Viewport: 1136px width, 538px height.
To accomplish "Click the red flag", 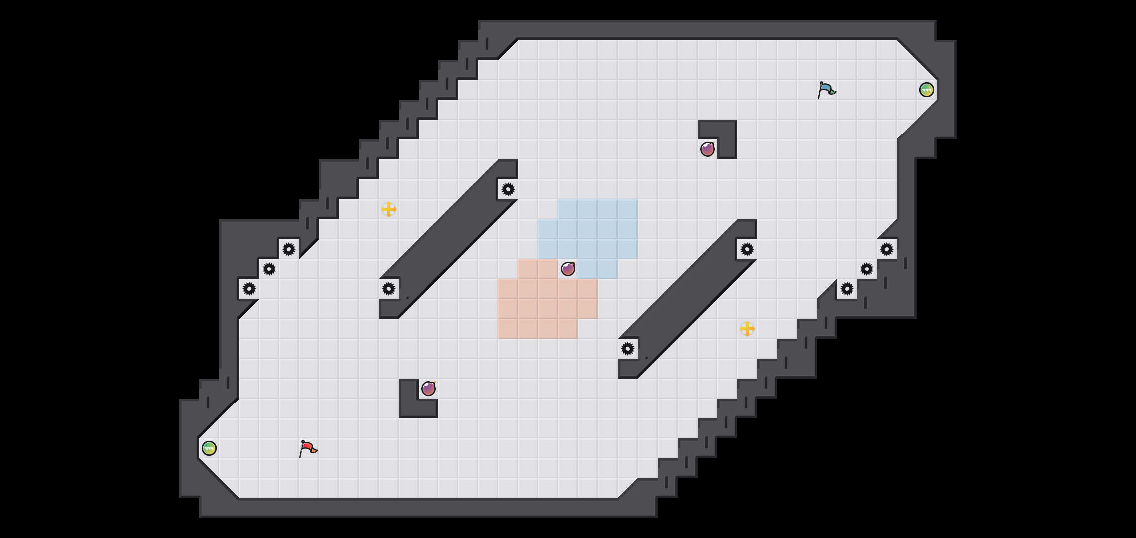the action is click(308, 449).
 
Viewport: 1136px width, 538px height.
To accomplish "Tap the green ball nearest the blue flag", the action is click(926, 90).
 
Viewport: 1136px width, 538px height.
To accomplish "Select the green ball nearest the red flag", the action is click(209, 448).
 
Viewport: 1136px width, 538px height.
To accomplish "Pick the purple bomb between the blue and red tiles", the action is click(568, 269).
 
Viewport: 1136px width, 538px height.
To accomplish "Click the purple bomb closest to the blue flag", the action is click(708, 149).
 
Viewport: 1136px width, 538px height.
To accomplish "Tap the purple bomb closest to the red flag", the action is click(428, 389).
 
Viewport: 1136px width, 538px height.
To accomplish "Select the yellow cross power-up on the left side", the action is click(389, 209).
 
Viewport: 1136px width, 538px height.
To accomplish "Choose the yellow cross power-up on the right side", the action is click(747, 329).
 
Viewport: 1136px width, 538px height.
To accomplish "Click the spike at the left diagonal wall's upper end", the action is click(508, 189).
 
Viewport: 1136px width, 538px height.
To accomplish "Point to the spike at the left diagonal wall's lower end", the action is click(389, 289).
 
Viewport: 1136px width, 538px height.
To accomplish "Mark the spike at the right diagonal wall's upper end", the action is click(747, 249).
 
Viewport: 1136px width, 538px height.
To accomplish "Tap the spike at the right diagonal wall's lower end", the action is click(628, 349).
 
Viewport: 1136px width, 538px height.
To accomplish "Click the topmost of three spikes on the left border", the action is click(289, 249).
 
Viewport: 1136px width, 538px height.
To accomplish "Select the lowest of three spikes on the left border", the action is click(249, 289).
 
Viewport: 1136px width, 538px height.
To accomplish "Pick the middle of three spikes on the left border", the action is click(269, 269).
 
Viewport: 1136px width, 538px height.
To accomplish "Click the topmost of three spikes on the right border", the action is click(887, 249).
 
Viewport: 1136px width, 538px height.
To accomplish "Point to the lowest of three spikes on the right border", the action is click(847, 289).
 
